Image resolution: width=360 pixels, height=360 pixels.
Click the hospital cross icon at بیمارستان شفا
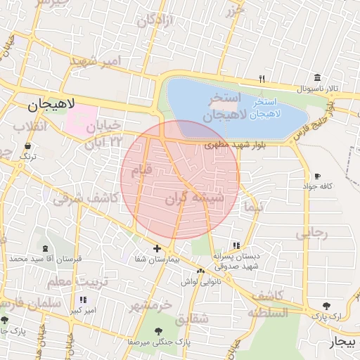click(x=156, y=248)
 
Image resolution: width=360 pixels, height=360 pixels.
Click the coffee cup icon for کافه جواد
click(x=317, y=176)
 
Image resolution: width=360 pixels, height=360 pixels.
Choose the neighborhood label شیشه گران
click(x=194, y=199)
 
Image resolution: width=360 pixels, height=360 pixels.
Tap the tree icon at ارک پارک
click(x=326, y=306)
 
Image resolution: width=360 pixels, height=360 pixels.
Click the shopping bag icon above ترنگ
click(x=27, y=146)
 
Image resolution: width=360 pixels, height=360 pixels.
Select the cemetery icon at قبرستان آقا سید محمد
click(x=46, y=249)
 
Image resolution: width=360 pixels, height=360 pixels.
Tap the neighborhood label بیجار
click(x=342, y=343)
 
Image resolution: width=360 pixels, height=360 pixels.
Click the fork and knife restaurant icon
click(x=262, y=79)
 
